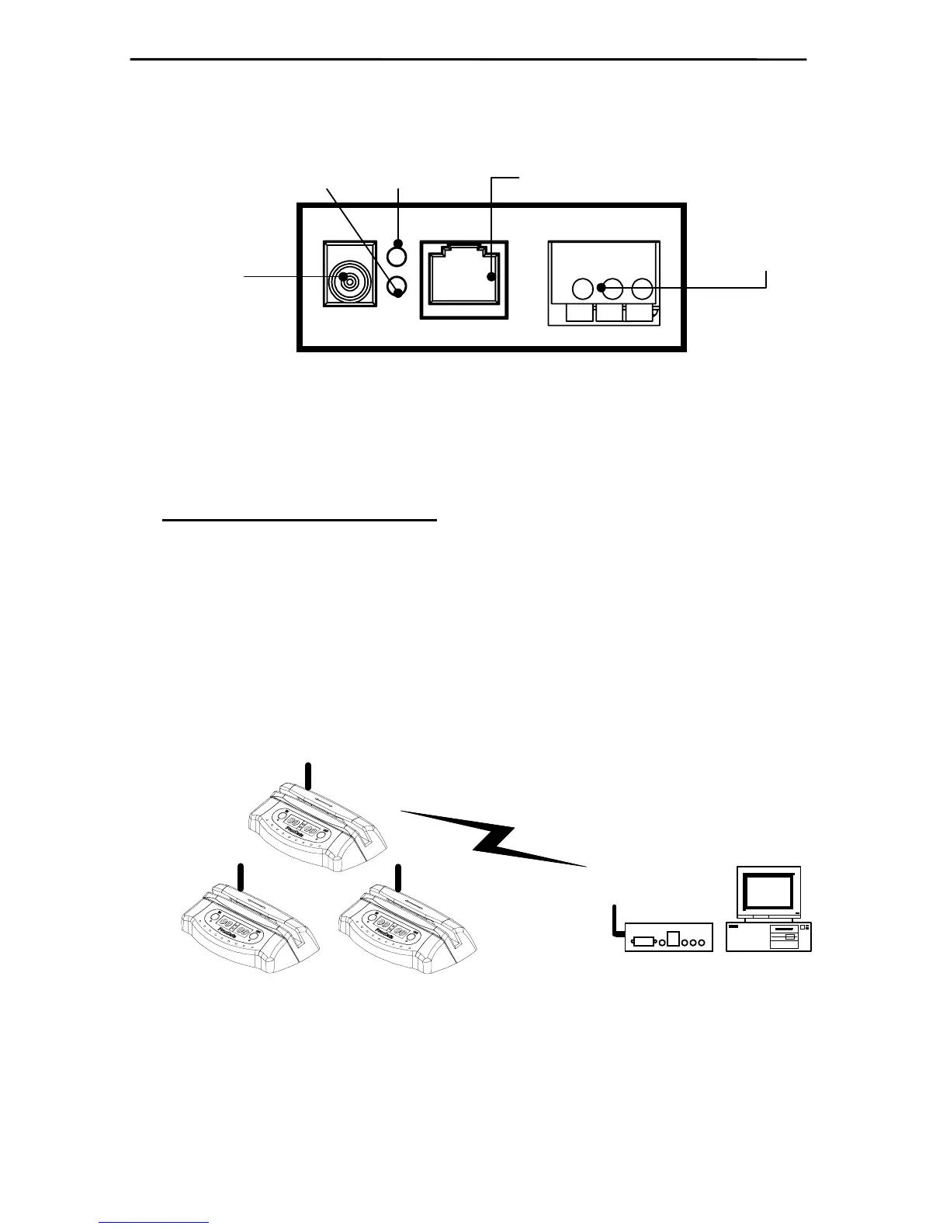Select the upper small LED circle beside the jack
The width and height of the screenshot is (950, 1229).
coord(397,254)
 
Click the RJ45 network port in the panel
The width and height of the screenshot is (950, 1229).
coord(464,279)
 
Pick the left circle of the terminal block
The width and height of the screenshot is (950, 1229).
coord(582,289)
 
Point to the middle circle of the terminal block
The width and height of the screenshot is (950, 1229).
coord(612,289)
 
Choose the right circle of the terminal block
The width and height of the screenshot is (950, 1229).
coord(642,289)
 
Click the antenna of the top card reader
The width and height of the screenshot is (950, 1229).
coord(308,776)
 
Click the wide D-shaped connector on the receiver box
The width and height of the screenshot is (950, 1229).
coord(643,942)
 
